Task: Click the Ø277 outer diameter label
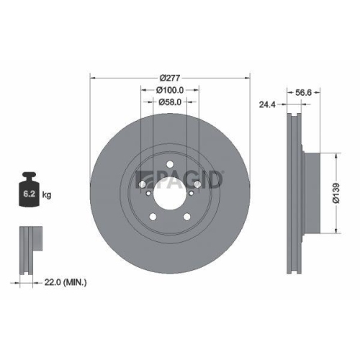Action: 170,78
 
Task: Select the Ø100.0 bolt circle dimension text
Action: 170,90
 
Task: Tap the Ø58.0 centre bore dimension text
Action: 170,102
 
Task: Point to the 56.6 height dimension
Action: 303,91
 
